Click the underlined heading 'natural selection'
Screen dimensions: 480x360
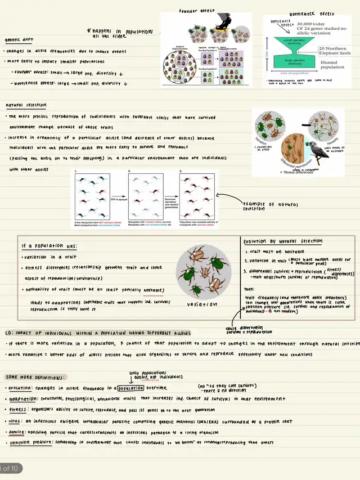26,105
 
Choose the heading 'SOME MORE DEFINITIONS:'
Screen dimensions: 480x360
35,377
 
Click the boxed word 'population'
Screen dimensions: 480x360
130,388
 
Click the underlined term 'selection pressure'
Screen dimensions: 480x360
30,443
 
